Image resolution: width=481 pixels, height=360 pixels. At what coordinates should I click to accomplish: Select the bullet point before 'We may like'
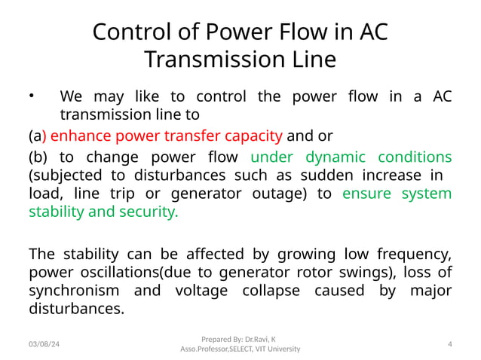(32, 96)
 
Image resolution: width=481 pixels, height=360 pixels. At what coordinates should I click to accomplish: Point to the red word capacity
(256, 136)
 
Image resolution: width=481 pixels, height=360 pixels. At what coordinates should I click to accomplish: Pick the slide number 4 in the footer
(449, 343)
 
